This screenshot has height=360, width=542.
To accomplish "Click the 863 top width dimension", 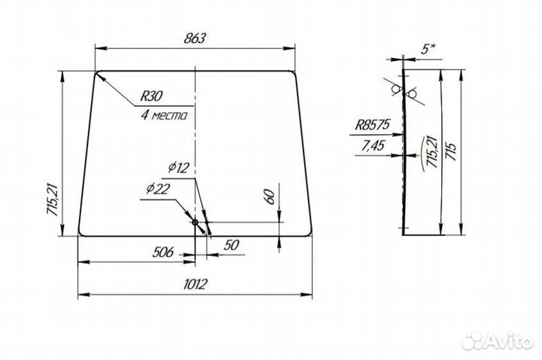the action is pyautogui.click(x=195, y=38).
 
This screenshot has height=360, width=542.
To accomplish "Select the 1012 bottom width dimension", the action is pyautogui.click(x=195, y=284).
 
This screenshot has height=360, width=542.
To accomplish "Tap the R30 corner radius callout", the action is pyautogui.click(x=151, y=96).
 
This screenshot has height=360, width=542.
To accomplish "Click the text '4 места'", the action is pyautogui.click(x=164, y=114).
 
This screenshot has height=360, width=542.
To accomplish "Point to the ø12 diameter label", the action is pyautogui.click(x=179, y=168).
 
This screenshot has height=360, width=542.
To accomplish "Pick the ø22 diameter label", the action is pyautogui.click(x=158, y=189).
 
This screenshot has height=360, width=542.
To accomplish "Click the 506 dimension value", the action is pyautogui.click(x=163, y=252).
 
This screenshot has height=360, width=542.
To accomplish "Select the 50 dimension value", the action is pyautogui.click(x=231, y=246).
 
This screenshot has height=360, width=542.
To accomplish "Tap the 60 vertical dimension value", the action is pyautogui.click(x=271, y=197).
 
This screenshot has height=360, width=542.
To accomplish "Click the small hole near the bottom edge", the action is pyautogui.click(x=195, y=222).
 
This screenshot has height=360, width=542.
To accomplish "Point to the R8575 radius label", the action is pyautogui.click(x=373, y=124).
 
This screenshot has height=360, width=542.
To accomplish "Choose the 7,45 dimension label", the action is pyautogui.click(x=373, y=145).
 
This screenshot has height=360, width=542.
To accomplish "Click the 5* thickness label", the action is pyautogui.click(x=428, y=50).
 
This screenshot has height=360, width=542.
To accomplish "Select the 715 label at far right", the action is pyautogui.click(x=452, y=151).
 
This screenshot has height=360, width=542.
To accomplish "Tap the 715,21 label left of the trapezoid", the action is pyautogui.click(x=53, y=200).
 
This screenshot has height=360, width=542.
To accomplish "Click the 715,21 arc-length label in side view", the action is pyautogui.click(x=432, y=152).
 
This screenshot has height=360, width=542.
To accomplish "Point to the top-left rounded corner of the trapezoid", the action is pyautogui.click(x=98, y=73).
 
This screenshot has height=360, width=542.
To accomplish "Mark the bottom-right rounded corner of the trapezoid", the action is pyautogui.click(x=309, y=233).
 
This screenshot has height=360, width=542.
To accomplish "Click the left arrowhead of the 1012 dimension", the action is pyautogui.click(x=84, y=294).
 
